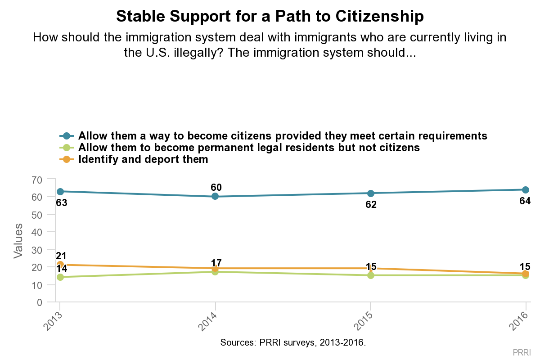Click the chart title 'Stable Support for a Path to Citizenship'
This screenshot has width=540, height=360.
click(270, 17)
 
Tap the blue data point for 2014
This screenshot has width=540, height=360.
click(215, 196)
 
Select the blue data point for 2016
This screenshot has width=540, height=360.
click(525, 189)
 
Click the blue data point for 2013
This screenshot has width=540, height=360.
click(60, 191)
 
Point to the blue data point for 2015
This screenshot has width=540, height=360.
click(370, 193)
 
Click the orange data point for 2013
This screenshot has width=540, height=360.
click(60, 265)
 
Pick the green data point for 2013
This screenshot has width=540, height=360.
click(60, 277)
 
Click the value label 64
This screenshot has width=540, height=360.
click(525, 201)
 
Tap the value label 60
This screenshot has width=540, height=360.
click(216, 187)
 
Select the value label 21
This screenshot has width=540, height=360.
click(61, 256)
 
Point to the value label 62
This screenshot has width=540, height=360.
click(371, 205)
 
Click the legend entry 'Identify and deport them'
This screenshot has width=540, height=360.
click(143, 159)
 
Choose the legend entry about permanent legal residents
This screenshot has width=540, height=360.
click(249, 148)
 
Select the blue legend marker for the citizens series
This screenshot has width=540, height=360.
click(67, 136)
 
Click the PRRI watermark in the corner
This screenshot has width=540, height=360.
click(522, 351)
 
